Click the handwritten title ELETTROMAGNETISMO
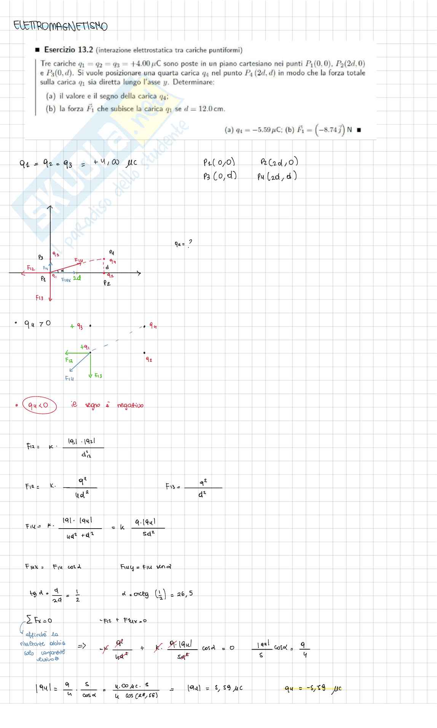coord(60,26)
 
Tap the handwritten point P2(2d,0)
coord(279,162)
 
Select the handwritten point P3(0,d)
coord(220,176)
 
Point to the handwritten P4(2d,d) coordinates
coord(277,176)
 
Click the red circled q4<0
coord(40,405)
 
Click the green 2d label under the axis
coord(77,278)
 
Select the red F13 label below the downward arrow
coord(40,298)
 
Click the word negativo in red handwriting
coord(130,405)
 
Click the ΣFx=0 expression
coord(40,621)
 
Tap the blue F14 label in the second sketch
coord(69,378)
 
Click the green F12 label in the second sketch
coord(69,360)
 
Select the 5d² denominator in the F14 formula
coord(148,534)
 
